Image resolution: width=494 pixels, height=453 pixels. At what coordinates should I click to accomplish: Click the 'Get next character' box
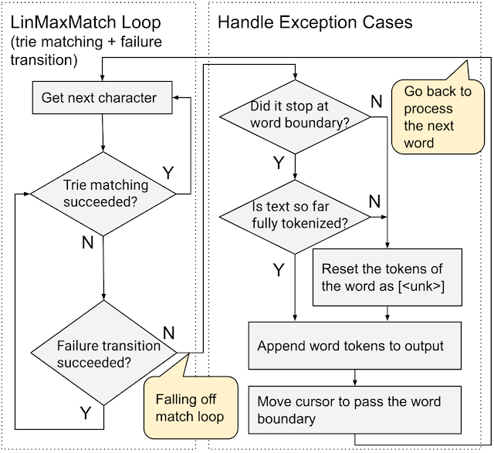(x=99, y=98)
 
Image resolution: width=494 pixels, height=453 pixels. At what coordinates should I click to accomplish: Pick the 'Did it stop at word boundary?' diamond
(x=296, y=116)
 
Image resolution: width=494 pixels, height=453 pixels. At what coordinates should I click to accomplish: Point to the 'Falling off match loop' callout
(x=189, y=407)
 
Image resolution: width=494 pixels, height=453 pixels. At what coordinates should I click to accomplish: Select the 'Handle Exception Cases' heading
(x=315, y=22)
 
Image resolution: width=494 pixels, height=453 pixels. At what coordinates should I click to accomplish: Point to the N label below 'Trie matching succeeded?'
(x=87, y=242)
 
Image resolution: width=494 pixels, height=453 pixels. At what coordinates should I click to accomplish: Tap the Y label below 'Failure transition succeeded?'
(x=86, y=414)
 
